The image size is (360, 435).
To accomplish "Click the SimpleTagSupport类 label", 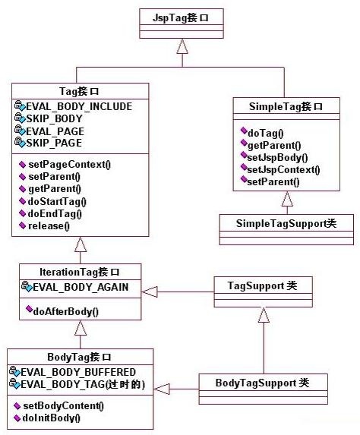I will (286, 222).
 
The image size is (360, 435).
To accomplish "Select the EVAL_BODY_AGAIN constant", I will (78, 287).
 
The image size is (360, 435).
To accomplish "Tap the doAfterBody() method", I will (66, 310).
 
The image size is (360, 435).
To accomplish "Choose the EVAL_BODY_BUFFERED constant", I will (78, 372).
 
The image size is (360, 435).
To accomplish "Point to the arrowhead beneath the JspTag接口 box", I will (181, 46).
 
